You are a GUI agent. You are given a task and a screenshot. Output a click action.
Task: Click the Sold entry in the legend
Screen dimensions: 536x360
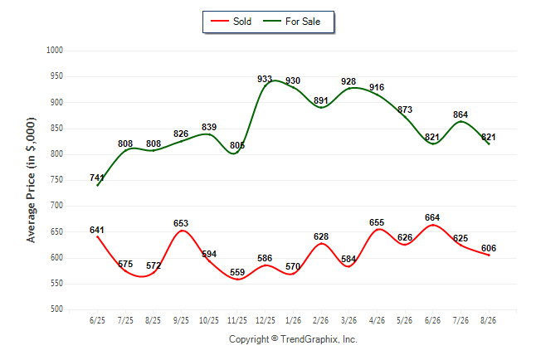[231, 22]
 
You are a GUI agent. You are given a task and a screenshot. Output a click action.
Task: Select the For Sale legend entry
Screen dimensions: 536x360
[291, 22]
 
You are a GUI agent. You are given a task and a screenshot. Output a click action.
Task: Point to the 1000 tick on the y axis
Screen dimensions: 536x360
[55, 51]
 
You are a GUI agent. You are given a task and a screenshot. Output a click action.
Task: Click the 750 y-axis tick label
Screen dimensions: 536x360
[56, 180]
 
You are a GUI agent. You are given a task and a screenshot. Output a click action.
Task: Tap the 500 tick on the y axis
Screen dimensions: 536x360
[56, 309]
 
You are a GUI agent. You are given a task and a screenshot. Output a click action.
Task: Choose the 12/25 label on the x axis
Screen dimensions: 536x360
[266, 321]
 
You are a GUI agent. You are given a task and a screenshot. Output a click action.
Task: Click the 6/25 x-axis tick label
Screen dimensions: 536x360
[97, 321]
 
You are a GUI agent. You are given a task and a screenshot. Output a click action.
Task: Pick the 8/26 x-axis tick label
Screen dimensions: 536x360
[488, 321]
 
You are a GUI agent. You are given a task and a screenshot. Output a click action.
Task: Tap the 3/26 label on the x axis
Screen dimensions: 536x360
[348, 321]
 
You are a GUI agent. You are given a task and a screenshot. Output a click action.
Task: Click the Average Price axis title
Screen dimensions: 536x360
[31, 180]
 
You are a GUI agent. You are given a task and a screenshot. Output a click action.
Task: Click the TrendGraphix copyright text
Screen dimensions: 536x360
[293, 339]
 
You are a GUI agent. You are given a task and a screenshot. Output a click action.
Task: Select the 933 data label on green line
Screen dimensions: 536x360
[265, 80]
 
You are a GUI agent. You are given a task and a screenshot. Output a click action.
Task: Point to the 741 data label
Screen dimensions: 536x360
[97, 178]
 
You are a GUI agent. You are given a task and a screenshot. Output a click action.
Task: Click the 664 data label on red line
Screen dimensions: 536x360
[432, 217]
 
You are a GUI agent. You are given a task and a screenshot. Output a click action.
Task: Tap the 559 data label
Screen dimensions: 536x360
[237, 272]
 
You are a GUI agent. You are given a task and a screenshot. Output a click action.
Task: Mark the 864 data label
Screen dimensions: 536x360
[460, 114]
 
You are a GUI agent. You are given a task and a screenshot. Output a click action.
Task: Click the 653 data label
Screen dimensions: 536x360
[181, 223]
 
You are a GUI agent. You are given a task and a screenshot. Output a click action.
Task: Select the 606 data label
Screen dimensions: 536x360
[489, 248]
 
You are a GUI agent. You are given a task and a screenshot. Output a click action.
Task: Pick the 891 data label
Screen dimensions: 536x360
[321, 100]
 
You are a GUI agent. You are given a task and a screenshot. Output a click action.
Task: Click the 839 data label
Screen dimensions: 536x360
[209, 127]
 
